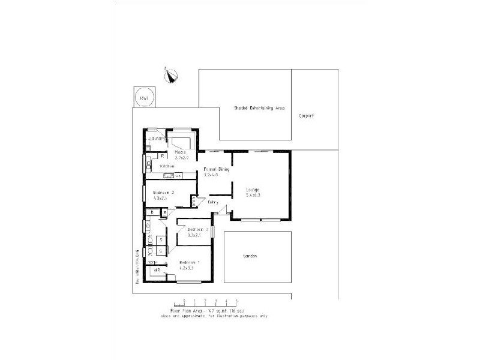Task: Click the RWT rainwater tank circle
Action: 144,97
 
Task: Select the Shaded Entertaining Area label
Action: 259,109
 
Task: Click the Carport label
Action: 306,116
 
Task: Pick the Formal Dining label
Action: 217,169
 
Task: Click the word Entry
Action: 213,202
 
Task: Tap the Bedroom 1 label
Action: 190,263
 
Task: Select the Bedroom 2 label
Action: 163,192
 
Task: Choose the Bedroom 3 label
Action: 197,230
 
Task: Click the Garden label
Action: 250,256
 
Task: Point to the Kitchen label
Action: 167,166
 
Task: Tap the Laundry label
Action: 157,139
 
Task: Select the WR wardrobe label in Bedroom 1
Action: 157,271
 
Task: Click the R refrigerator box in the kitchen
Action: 163,156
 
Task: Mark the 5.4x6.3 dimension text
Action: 253,196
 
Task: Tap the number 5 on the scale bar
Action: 237,299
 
